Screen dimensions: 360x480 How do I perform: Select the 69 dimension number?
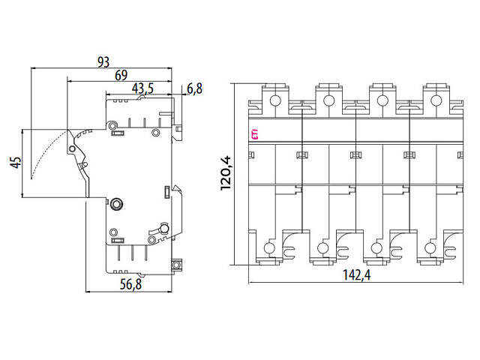(120, 76)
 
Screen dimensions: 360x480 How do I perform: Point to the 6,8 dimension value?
(194, 88)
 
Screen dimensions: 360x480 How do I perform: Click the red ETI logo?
(255, 134)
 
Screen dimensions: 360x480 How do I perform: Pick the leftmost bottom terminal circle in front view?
(269, 247)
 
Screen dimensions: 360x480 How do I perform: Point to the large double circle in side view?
(117, 203)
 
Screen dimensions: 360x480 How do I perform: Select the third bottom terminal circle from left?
(377, 247)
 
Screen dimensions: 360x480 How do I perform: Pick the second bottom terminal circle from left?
(323, 247)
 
